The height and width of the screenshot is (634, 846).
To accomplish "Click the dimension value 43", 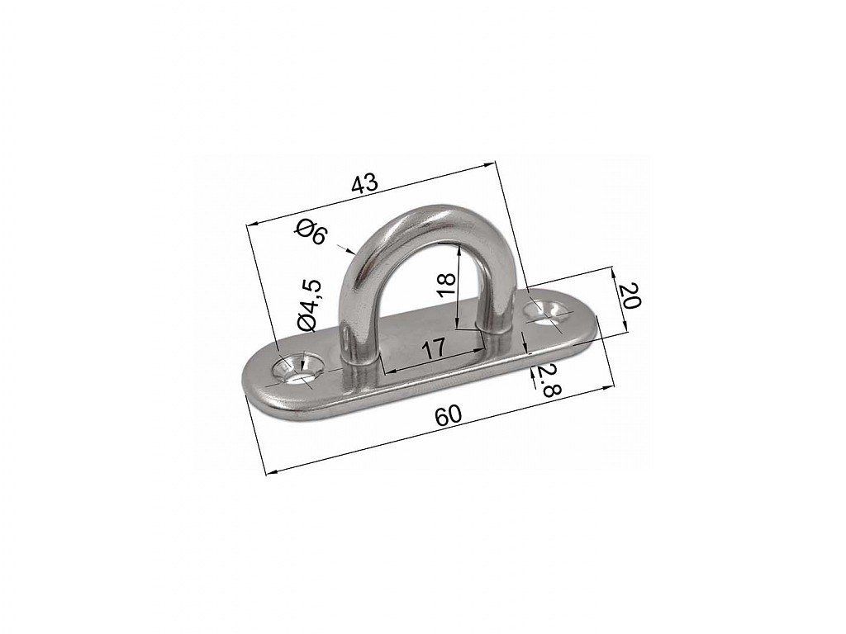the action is tap(364, 184).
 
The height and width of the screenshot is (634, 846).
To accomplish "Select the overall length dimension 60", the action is tap(449, 416).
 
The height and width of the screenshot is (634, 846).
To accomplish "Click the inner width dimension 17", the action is tap(433, 348).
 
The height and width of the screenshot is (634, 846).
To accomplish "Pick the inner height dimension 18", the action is tap(447, 284).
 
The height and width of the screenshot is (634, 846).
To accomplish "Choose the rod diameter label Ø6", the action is tap(311, 232).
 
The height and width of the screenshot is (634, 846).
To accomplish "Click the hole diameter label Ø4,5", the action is tap(311, 305).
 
